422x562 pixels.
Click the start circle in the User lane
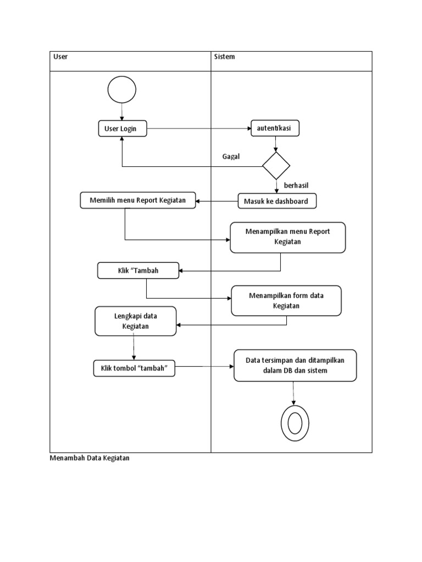click(122, 89)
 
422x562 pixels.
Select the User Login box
click(122, 129)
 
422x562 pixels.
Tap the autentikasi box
click(275, 129)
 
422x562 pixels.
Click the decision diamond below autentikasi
click(276, 166)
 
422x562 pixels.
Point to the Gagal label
click(231, 156)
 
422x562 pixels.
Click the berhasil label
click(296, 186)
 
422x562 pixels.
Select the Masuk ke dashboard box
click(277, 201)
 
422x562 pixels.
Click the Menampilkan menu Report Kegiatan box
click(288, 237)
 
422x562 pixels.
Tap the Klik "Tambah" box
click(138, 271)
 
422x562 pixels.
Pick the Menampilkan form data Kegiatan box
click(286, 301)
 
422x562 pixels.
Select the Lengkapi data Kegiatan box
click(136, 321)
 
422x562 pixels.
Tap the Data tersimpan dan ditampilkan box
click(295, 366)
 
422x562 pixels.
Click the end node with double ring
click(295, 423)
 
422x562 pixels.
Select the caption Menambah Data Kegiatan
click(90, 458)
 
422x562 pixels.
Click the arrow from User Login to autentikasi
click(198, 129)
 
